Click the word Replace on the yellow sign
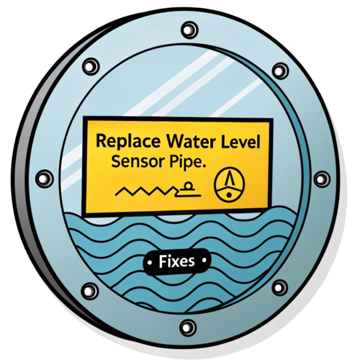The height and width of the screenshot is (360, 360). (x=128, y=142)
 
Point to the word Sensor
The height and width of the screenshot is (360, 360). (x=138, y=161)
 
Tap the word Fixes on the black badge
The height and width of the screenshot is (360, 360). (x=176, y=261)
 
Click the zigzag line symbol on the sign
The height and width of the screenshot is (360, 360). (x=146, y=192)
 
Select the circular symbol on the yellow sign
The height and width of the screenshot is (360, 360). (x=229, y=184)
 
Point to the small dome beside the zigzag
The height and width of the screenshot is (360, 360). (x=189, y=186)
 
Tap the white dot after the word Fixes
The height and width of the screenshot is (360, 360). (x=204, y=260)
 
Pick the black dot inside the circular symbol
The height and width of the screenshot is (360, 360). (x=229, y=195)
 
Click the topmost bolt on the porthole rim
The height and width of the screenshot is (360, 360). (x=189, y=30)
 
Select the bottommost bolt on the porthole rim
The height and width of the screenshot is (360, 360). (x=188, y=328)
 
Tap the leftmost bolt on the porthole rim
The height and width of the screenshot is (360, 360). (x=45, y=179)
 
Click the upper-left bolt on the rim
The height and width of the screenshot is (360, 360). (x=91, y=66)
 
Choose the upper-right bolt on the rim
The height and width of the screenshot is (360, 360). (x=280, y=71)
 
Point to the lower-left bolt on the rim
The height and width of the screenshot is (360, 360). (x=90, y=291)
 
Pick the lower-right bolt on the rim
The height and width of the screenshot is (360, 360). (x=279, y=287)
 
